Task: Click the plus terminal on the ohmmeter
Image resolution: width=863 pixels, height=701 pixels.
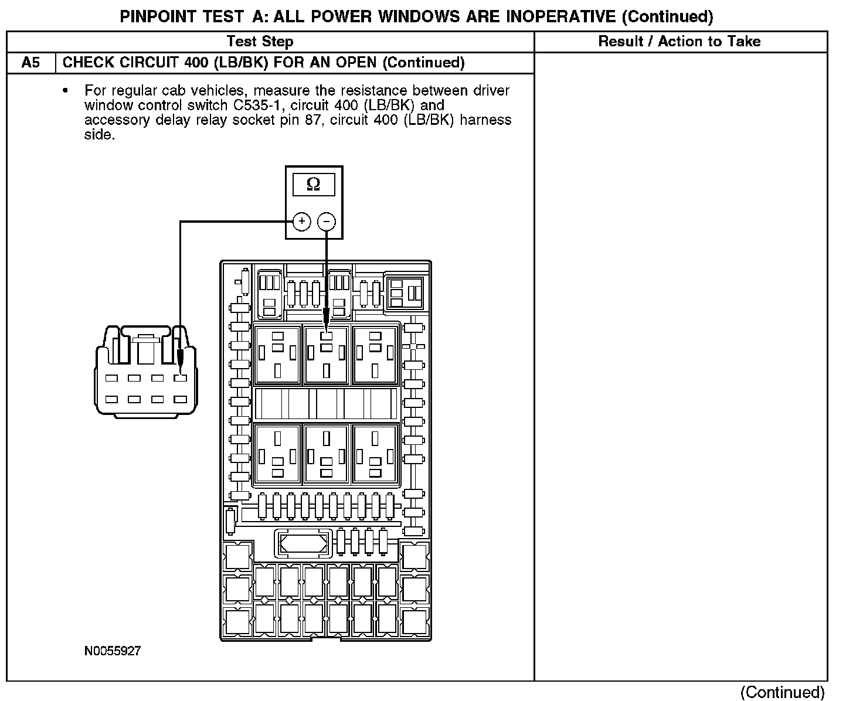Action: (x=301, y=222)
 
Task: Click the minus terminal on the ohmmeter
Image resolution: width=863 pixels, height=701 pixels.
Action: (x=327, y=222)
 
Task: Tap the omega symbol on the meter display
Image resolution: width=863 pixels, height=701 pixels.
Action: (x=314, y=185)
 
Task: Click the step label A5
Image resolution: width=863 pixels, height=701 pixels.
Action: (x=30, y=63)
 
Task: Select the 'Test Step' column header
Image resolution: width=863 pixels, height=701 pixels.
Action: (x=260, y=42)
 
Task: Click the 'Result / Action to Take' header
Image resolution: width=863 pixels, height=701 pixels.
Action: (x=679, y=42)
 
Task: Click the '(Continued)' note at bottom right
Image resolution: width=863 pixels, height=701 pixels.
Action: (x=783, y=692)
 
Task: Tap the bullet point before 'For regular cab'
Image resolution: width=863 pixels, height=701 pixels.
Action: (x=65, y=91)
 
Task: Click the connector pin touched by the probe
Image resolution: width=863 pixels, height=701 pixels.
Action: (x=180, y=378)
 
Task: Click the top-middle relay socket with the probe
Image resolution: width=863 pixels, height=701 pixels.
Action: (x=327, y=354)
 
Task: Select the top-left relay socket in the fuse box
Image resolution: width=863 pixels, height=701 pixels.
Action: (x=277, y=354)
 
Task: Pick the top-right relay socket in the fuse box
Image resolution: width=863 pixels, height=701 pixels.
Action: (x=375, y=354)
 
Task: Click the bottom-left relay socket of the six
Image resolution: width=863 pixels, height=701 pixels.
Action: (x=277, y=453)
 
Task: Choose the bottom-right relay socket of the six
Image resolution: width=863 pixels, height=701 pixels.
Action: (x=375, y=453)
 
